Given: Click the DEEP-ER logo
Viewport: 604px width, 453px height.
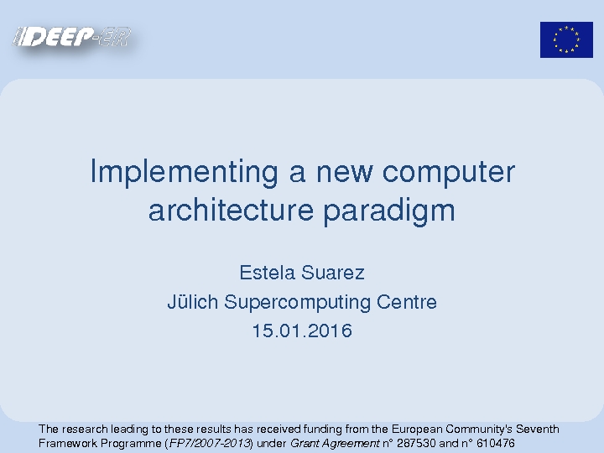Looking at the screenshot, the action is click(x=72, y=37).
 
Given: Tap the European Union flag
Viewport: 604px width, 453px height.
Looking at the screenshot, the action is click(x=566, y=39).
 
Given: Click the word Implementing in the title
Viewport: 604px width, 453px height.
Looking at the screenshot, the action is click(x=184, y=172).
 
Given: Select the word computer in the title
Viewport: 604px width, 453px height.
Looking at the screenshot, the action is click(x=448, y=173).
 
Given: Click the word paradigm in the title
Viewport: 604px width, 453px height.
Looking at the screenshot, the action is click(x=389, y=211).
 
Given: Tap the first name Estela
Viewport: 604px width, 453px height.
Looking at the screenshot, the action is click(x=268, y=273).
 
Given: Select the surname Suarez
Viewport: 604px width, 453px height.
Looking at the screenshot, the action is click(x=333, y=273).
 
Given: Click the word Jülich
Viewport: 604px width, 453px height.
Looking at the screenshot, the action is click(x=193, y=301).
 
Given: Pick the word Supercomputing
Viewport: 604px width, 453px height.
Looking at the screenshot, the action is click(x=297, y=302).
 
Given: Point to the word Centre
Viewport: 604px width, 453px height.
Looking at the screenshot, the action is click(x=407, y=302).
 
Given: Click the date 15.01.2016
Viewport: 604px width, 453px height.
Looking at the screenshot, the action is click(x=302, y=331).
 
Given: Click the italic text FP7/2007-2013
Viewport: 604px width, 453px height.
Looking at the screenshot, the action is click(x=210, y=444).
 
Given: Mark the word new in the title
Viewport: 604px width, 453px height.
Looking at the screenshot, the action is click(x=345, y=175).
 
